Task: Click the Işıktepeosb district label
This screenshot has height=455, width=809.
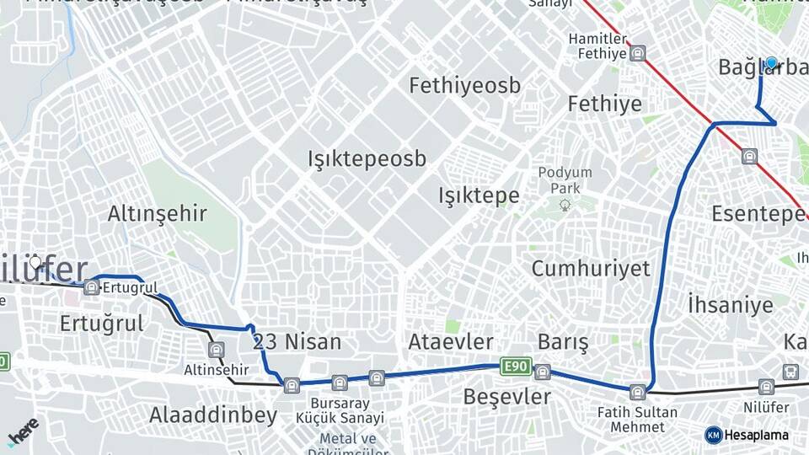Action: tap(367, 158)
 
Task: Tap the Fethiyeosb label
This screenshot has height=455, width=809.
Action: tap(464, 85)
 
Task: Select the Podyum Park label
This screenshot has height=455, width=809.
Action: tap(565, 179)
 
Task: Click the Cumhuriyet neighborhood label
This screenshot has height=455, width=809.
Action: tap(591, 269)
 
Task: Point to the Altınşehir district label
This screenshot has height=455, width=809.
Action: tap(157, 214)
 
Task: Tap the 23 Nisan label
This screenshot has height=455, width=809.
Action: tap(297, 342)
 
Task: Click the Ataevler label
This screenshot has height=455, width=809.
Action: tap(450, 342)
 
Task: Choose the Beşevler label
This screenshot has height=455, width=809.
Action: tap(506, 396)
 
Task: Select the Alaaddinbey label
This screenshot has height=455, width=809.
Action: tap(213, 415)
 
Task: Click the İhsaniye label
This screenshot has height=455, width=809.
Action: tap(730, 304)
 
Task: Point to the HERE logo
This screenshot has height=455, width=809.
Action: tap(23, 432)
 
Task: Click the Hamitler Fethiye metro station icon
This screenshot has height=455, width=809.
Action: tap(638, 53)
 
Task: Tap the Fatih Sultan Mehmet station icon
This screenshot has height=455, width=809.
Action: tap(638, 392)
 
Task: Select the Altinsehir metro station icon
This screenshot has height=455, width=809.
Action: tap(217, 350)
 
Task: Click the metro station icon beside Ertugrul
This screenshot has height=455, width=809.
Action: tap(91, 288)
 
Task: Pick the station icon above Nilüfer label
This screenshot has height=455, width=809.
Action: tap(765, 387)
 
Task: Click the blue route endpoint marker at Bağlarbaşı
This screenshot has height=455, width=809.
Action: tap(770, 63)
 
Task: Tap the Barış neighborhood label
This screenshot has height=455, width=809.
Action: tap(563, 342)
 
